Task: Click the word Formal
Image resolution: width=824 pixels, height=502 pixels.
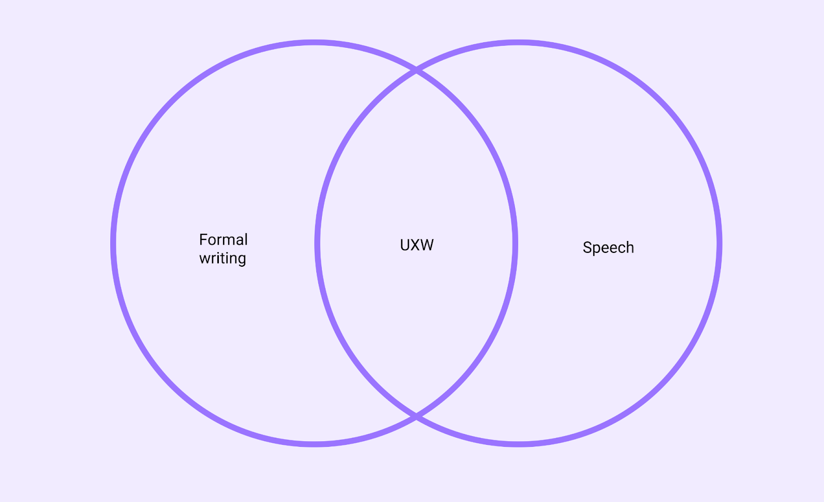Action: [224, 239]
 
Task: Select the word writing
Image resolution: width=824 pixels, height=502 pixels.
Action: [222, 258]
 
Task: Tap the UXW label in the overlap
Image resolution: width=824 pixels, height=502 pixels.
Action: [417, 245]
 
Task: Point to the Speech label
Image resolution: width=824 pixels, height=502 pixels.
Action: [608, 248]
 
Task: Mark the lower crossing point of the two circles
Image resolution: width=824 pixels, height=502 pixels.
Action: [416, 416]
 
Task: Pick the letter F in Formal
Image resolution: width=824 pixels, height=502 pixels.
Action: [203, 239]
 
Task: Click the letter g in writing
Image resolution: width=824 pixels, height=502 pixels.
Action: [241, 259]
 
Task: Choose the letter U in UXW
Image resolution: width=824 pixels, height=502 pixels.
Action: [405, 245]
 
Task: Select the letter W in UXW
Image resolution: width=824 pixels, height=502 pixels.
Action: [427, 245]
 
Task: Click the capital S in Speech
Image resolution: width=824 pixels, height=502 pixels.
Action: [587, 248]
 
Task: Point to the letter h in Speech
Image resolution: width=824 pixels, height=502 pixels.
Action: [629, 247]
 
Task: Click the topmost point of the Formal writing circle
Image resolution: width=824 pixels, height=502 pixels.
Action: [314, 42]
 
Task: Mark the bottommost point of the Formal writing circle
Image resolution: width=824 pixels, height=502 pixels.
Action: [314, 444]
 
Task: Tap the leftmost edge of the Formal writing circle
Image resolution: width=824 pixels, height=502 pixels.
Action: [113, 243]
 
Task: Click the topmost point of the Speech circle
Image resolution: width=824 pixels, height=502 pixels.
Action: [518, 42]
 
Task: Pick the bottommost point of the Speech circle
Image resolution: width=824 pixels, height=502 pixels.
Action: [518, 444]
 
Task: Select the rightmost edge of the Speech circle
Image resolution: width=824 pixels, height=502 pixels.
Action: [719, 243]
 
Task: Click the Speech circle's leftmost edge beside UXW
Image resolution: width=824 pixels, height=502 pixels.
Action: [317, 243]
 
